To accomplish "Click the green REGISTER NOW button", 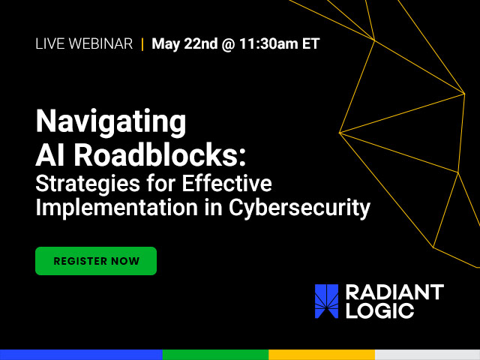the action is coord(96,261).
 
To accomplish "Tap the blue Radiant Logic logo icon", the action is coord(327,301).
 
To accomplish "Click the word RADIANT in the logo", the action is coord(395,292).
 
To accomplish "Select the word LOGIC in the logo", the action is coord(380,310).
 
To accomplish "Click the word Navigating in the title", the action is coord(111,121).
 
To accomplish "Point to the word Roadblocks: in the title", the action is coord(160,155).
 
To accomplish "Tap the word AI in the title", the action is coord(52,155).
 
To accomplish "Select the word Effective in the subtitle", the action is coord(226,183).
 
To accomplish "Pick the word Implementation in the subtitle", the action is coord(117,208).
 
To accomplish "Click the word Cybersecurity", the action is coord(299,208).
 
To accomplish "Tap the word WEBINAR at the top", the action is coord(100,43).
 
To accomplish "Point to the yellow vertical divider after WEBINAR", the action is coord(142,43).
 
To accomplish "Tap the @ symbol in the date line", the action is coord(228,44).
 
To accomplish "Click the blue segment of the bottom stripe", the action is coord(81,355).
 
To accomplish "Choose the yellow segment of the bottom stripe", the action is coord(322,355).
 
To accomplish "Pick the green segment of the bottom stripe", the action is coord(215,355).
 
